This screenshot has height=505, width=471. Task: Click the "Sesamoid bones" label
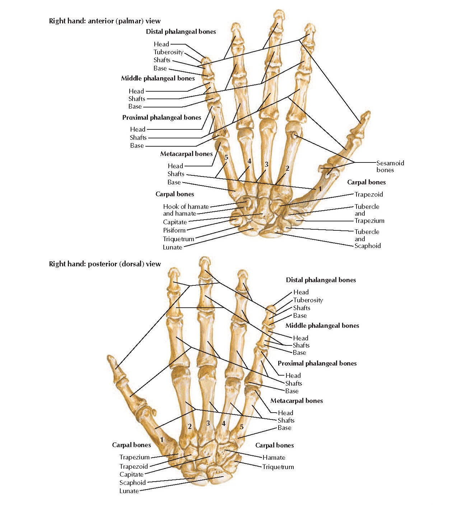click(390, 166)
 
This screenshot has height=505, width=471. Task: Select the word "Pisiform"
click(174, 230)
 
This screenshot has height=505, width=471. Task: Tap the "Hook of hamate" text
click(186, 207)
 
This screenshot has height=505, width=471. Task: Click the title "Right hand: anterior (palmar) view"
click(105, 21)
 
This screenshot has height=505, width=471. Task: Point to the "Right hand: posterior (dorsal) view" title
click(105, 264)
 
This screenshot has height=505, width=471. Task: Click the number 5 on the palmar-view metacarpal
click(226, 157)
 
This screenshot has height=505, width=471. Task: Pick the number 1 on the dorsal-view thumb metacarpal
click(162, 440)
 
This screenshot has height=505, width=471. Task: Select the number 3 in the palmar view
click(266, 165)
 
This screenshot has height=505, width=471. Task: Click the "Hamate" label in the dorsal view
click(274, 458)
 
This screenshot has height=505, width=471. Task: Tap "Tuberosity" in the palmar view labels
click(168, 52)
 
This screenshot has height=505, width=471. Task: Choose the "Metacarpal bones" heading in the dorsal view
click(297, 401)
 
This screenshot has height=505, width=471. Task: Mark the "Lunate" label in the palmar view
click(172, 247)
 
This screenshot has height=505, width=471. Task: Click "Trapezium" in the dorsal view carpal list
click(134, 457)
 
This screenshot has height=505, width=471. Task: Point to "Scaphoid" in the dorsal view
click(132, 483)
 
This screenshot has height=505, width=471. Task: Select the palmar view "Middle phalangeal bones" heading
click(158, 78)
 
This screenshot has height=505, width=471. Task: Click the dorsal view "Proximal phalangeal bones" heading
click(317, 363)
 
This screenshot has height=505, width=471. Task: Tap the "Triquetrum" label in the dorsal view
click(278, 467)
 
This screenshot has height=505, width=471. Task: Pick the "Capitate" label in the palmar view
click(175, 222)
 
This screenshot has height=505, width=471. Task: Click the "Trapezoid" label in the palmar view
click(369, 194)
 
